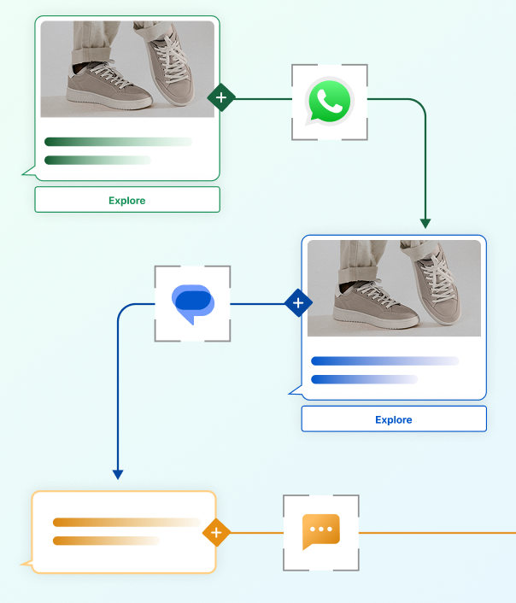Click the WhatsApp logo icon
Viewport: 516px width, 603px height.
(329, 102)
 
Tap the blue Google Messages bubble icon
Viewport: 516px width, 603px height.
(193, 303)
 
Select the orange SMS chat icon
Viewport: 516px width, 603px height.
(321, 532)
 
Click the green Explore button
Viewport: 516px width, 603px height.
(127, 200)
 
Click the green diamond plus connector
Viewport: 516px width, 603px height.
(221, 98)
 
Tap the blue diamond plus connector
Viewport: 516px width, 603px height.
(297, 303)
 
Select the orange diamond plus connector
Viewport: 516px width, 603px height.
(216, 533)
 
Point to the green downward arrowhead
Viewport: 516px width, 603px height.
(425, 223)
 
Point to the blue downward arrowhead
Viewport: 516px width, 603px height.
(118, 474)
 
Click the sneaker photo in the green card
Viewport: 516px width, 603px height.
(127, 69)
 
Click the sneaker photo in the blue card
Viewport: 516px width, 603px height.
(394, 288)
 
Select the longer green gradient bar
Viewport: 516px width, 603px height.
(118, 142)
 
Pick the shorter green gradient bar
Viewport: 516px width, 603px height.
(97, 160)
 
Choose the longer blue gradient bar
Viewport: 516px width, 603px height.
(384, 361)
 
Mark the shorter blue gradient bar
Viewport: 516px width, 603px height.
(364, 379)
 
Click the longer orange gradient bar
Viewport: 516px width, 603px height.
(126, 522)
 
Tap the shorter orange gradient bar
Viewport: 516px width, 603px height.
(105, 541)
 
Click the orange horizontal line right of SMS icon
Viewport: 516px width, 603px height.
(436, 533)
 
